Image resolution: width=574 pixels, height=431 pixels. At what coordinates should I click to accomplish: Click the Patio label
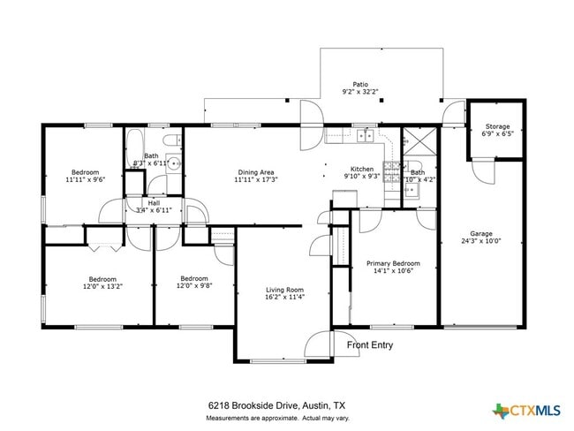tap(359, 84)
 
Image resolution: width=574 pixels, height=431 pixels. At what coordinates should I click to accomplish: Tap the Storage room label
tap(495, 126)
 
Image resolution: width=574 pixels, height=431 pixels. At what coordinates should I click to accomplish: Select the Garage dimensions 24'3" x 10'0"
tap(480, 240)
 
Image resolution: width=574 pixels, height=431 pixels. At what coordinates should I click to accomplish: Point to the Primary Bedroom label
tap(393, 263)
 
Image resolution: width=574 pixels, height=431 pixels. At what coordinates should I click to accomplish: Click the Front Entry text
tap(369, 345)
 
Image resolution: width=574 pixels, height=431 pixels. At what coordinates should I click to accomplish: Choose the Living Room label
tap(284, 290)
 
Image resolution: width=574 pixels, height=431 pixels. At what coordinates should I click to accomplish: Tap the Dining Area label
tap(256, 172)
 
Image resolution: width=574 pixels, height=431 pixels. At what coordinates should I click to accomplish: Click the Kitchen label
tap(362, 169)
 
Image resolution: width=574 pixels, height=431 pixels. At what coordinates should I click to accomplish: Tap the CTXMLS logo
tap(526, 410)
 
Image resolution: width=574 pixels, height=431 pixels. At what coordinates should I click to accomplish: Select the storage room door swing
tap(481, 172)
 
